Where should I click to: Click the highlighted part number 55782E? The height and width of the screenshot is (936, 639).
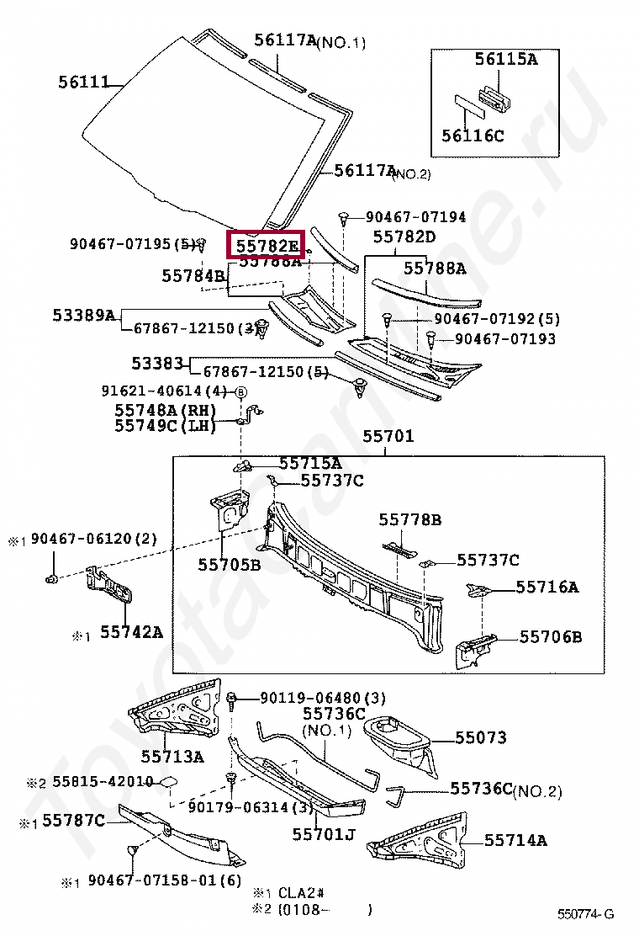267,246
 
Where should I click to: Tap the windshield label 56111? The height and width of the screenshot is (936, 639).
84,82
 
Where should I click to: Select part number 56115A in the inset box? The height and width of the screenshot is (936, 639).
505,59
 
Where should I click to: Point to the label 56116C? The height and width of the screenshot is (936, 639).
473,135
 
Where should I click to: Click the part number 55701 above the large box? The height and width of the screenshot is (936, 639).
388,437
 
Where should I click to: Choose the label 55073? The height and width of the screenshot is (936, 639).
481,738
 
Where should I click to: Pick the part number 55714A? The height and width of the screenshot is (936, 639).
515,840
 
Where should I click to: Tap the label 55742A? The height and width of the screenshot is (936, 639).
132,630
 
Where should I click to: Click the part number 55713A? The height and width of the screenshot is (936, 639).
172,757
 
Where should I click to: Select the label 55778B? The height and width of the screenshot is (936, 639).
409,520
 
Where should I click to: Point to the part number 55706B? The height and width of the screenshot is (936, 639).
550,637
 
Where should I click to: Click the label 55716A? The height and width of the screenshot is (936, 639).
547,587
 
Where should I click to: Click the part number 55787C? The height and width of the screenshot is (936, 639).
74,820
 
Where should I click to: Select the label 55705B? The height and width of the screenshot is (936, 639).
230,564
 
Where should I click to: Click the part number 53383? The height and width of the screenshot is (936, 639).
157,364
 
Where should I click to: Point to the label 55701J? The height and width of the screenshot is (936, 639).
324,834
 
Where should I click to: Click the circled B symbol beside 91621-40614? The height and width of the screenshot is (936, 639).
240,391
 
